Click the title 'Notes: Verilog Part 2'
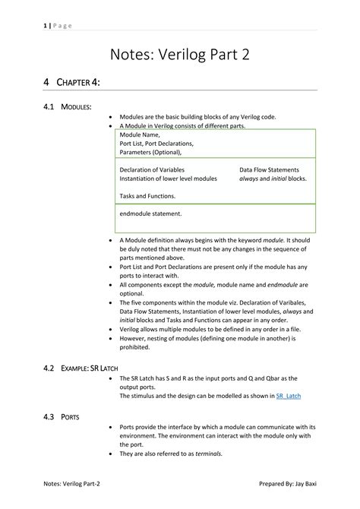pos(179,55)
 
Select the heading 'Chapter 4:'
pos(71,82)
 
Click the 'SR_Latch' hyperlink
pos(289,396)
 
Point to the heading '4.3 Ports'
pos(62,417)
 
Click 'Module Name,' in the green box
pos(140,134)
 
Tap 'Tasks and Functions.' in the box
pos(147,195)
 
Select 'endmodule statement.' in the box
pos(150,213)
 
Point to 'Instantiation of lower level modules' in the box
pos(168,179)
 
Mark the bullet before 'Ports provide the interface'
pos(112,427)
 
